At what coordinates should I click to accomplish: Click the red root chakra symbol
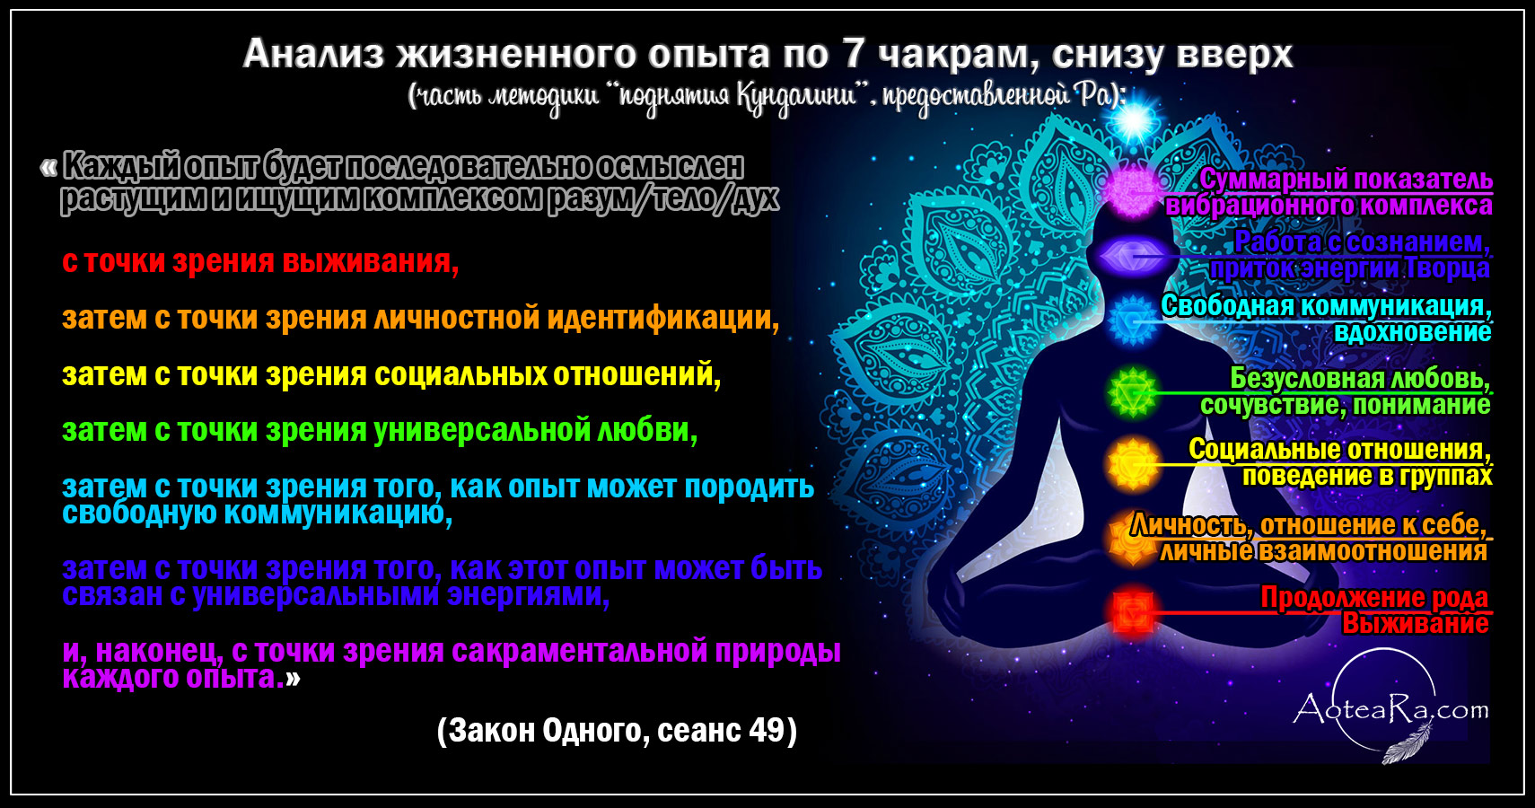(1132, 612)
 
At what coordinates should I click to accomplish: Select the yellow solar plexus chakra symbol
(1133, 465)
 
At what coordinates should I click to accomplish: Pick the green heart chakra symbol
(1133, 392)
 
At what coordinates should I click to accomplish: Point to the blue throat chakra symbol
(1133, 320)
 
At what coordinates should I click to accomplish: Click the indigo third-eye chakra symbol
(1133, 256)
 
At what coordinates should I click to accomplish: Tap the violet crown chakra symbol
(1133, 189)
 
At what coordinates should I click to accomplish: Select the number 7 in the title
(853, 54)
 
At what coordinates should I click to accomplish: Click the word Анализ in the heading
(313, 54)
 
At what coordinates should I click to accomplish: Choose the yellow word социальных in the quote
(460, 375)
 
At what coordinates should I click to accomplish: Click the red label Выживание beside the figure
(1415, 624)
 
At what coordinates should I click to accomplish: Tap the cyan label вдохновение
(1412, 332)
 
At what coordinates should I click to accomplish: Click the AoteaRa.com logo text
(1390, 709)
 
